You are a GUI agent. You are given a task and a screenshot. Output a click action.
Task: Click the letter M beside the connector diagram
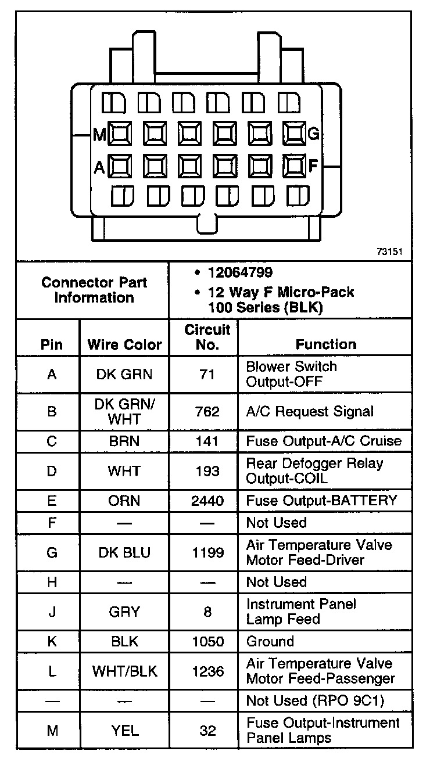100,135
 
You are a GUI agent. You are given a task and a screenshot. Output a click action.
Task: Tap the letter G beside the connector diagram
313,134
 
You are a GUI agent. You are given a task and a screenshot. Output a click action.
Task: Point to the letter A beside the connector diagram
99,167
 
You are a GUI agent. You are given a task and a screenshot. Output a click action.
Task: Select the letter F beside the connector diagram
313,166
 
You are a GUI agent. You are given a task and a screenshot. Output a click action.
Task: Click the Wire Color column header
124,344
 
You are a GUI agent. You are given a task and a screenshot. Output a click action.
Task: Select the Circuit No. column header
207,337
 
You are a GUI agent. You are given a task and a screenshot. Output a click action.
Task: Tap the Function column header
325,344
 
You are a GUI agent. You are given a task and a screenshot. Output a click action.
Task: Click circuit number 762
207,412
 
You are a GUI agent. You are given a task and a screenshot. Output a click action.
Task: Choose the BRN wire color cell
124,441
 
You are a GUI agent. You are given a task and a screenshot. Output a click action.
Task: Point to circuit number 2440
207,500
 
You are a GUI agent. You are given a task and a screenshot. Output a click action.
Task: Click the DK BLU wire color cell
124,552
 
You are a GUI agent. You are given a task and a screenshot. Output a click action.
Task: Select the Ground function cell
270,641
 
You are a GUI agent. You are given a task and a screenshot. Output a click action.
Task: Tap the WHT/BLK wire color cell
124,671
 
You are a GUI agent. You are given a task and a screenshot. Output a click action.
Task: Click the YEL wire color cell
124,730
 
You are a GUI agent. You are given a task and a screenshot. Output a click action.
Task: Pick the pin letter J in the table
52,612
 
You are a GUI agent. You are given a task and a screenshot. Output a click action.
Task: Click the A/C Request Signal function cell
310,412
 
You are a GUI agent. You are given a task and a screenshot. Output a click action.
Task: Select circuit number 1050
207,641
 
